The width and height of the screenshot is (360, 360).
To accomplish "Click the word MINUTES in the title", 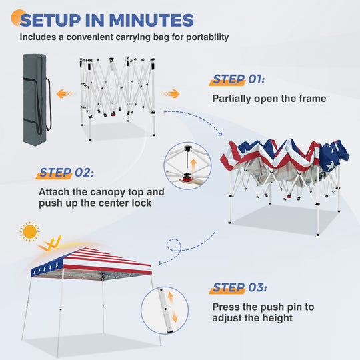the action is tap(151, 20).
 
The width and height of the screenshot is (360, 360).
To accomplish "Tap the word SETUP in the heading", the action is tap(51, 20).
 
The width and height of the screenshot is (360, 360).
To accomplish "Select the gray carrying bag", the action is tap(35, 99).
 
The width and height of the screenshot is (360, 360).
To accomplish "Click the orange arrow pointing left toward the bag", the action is tap(66, 94).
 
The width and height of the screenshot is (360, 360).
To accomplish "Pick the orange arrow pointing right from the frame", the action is tap(170, 94).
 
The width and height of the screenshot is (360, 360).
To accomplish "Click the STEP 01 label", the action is tap(239, 79).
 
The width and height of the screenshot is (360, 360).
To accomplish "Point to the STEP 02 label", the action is tap(67, 173).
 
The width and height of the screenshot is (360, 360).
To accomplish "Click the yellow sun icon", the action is tap(29, 231).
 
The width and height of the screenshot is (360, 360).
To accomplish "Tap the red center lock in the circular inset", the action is tap(187, 178).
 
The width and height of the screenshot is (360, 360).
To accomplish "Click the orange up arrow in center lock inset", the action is tap(193, 165).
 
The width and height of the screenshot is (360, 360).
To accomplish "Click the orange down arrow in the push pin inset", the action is tap(175, 316).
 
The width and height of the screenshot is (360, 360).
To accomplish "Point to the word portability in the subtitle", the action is tap(207, 37).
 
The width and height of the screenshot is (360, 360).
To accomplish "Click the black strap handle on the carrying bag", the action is tap(48, 105).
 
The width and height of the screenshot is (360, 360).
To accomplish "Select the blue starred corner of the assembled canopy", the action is tap(47, 267).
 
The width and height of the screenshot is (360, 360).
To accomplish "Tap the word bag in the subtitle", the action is tap(161, 37).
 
